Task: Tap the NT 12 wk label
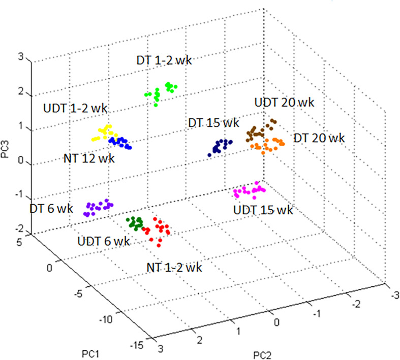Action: tap(90, 158)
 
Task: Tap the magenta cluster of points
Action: tap(250, 191)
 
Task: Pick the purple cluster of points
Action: tap(98, 207)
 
